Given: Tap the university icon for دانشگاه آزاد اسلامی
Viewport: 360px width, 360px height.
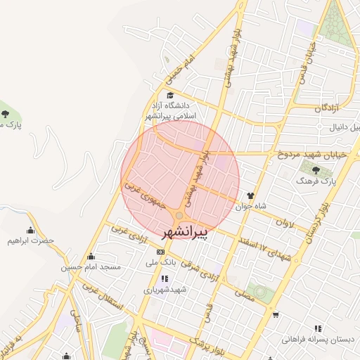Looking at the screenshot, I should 169,95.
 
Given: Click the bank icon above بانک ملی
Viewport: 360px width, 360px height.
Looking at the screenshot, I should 161,251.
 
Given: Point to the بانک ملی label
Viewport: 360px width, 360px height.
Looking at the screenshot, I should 160,262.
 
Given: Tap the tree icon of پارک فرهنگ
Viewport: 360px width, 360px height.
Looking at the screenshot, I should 314,169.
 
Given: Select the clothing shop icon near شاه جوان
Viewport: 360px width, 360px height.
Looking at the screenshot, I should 250,195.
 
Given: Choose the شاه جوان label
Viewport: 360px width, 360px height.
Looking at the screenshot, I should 252,206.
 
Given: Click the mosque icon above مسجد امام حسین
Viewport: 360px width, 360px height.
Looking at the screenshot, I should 91,257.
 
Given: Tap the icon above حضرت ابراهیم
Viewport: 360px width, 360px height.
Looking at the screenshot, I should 30,230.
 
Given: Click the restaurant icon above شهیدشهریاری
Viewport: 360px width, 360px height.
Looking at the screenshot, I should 165,278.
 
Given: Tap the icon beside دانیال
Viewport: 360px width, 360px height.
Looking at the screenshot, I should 321,128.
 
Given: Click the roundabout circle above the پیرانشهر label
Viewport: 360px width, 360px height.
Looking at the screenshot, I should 180,214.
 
